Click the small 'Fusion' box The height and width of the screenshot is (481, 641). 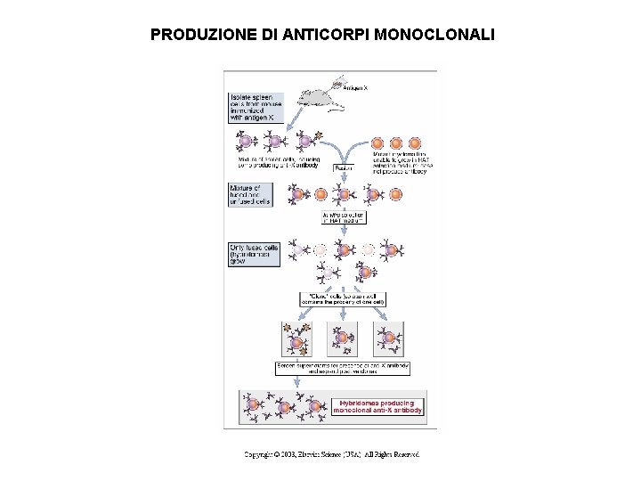coord(344,167)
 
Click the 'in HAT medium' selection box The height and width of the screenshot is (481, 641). coord(344,217)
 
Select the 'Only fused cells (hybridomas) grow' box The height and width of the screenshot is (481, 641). coord(255,254)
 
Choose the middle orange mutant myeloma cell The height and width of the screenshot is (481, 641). coord(395,143)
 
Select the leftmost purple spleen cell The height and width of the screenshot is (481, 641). coord(245,141)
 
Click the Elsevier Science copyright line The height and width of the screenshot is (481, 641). coord(331,454)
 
